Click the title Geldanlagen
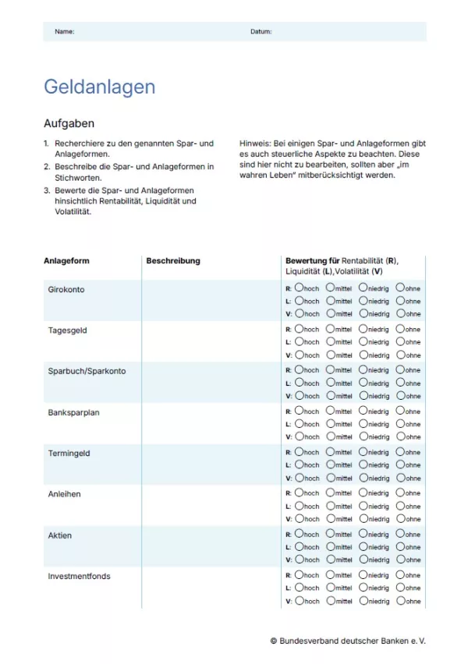coord(99,87)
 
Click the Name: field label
coord(65,32)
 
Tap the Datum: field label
coord(261,32)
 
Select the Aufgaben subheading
coord(69,124)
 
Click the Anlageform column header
coord(66,261)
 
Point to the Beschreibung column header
coord(173,261)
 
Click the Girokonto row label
coord(66,290)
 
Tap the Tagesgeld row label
coord(68,330)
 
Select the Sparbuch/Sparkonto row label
coord(87,371)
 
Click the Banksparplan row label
coord(74,412)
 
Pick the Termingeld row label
coord(69,453)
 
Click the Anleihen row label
coord(65,494)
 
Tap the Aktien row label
coord(60,535)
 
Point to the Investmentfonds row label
coord(80,577)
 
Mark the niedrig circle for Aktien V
coord(363,560)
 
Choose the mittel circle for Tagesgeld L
coord(330,341)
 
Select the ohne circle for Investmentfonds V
coord(400,601)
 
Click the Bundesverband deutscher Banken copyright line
coord(348,641)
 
